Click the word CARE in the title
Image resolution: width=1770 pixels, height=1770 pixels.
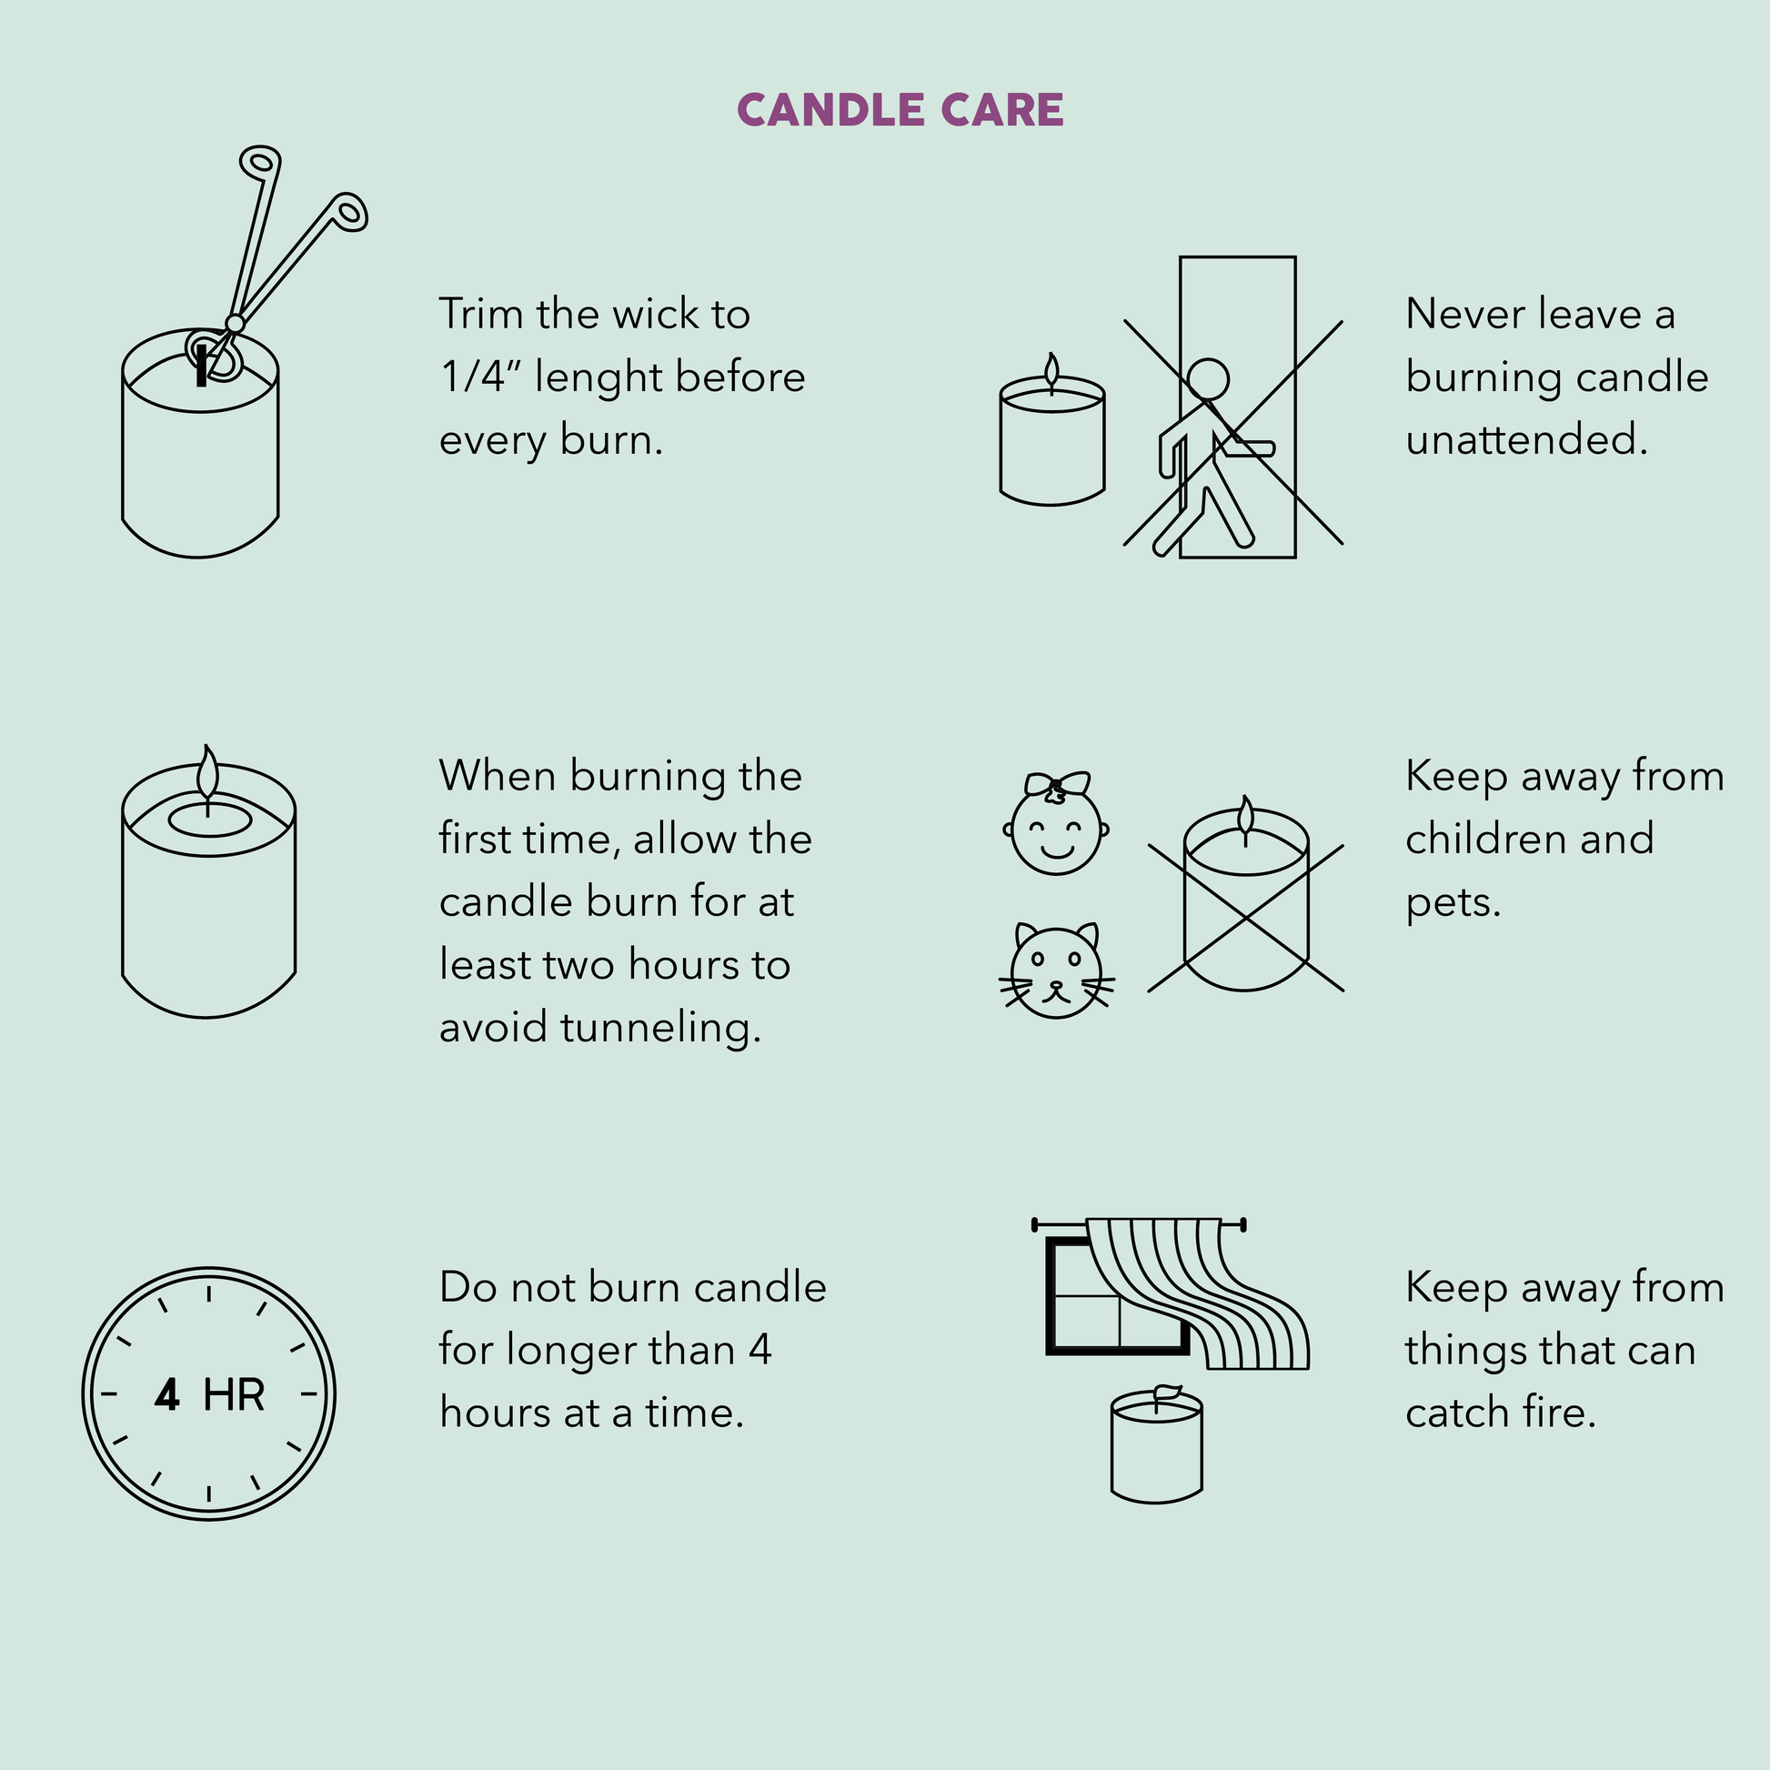tap(1002, 110)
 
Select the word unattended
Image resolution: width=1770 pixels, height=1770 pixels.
tap(1526, 439)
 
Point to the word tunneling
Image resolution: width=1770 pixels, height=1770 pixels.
tap(659, 1028)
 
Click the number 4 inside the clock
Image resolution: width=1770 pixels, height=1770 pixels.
tap(166, 1395)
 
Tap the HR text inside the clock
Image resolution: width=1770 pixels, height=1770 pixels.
tap(234, 1395)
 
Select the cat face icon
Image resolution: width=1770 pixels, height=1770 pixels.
tap(1056, 971)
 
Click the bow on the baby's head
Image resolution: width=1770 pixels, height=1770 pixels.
tap(1057, 784)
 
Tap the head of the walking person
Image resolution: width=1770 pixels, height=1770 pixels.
tap(1208, 378)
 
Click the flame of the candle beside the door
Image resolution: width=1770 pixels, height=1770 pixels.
tap(1051, 370)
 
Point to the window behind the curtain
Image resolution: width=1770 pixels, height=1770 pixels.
tap(1117, 1295)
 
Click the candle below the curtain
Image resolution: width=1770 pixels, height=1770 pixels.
tap(1156, 1443)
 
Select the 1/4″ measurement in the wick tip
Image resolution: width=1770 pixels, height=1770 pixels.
tap(480, 377)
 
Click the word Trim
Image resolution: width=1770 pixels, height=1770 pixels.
tap(482, 314)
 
